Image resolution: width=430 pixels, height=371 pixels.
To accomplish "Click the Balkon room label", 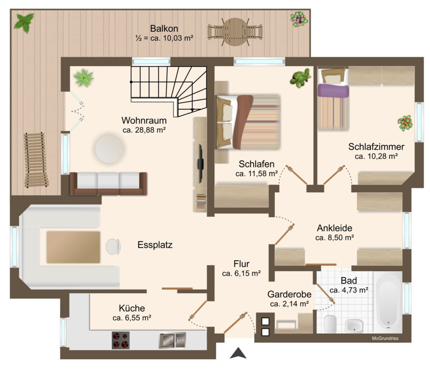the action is click(x=164, y=29).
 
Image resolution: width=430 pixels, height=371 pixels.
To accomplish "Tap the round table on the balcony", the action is click(x=235, y=31).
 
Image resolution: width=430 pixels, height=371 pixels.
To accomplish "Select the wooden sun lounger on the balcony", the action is click(x=36, y=160).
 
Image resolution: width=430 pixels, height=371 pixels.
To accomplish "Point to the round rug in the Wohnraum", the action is click(x=109, y=149).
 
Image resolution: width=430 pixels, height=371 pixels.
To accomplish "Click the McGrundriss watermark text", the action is click(x=385, y=339).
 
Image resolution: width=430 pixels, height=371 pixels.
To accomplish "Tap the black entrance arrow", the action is click(x=238, y=353).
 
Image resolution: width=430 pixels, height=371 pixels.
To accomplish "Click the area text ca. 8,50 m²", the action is click(x=334, y=237).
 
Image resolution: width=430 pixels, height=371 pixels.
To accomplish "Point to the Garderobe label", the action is click(x=289, y=294).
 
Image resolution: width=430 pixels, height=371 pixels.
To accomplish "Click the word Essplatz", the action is click(x=155, y=245).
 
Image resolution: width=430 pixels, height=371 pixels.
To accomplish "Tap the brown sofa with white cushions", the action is click(x=108, y=184).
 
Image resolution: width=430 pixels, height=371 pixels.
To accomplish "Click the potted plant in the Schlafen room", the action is click(x=301, y=78).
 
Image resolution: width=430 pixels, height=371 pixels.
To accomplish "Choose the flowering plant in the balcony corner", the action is click(x=299, y=19).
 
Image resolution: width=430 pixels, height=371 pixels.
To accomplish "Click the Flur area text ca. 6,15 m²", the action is click(x=241, y=273).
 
